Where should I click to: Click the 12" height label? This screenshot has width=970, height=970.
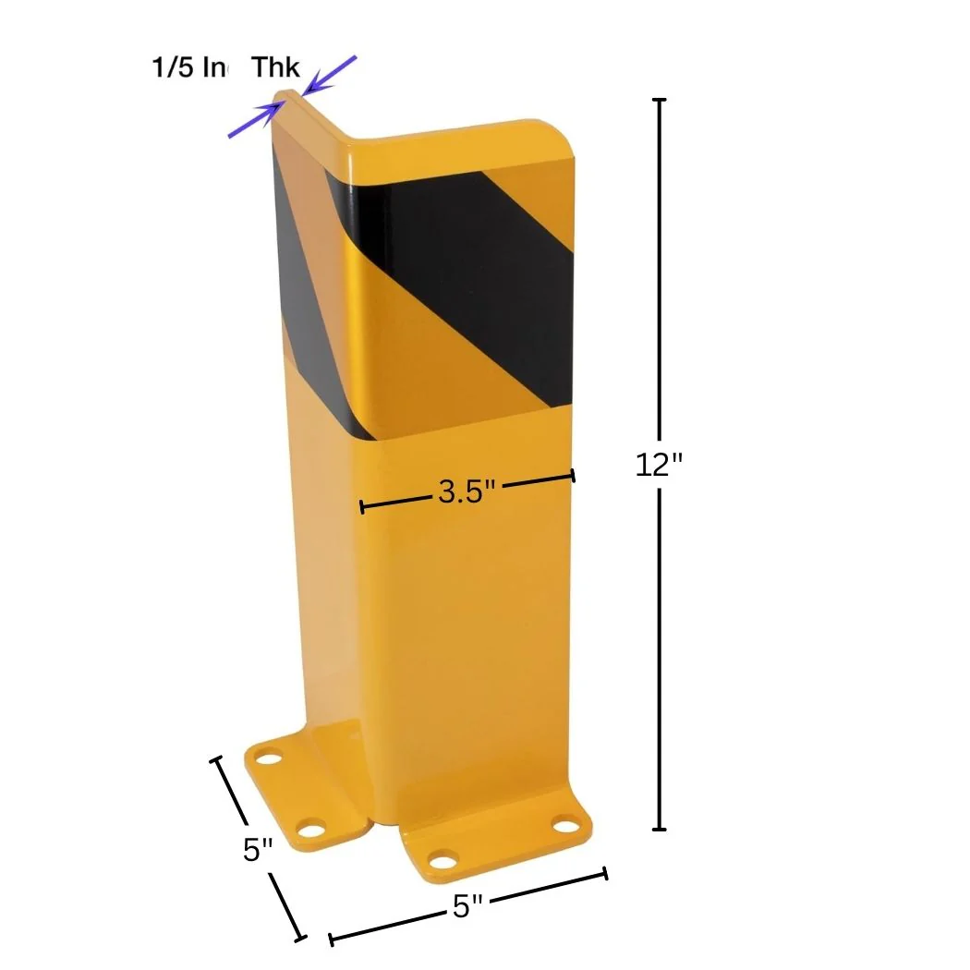659,465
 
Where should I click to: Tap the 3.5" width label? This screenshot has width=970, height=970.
467,491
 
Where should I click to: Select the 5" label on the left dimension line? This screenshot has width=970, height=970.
259,849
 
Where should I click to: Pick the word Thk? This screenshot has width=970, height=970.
276,67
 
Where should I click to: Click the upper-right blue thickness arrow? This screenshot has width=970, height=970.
330,75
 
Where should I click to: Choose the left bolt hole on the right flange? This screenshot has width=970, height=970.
444,863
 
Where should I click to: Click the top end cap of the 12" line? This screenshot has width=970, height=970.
659,99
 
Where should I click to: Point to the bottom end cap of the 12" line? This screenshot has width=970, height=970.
659,829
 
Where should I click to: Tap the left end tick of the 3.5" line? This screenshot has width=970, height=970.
362,506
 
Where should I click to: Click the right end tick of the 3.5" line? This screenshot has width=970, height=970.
574,475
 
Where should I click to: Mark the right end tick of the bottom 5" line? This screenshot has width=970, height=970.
605,873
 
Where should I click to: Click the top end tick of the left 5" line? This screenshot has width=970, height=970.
218,759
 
